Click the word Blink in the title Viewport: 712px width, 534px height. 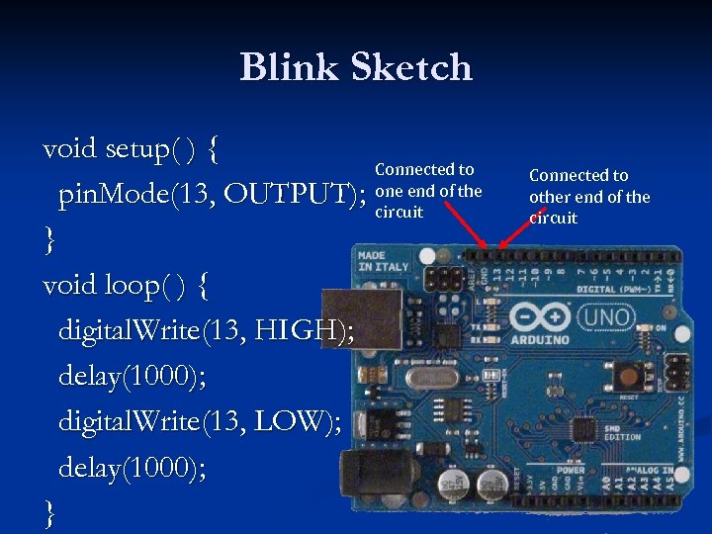click(x=284, y=67)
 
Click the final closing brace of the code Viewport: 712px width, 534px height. click(x=50, y=512)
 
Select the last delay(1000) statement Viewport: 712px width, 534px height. click(x=133, y=467)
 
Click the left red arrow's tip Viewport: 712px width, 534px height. click(x=486, y=246)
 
